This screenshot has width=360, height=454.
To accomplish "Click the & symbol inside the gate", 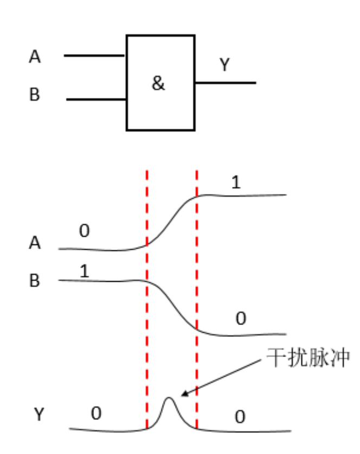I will point(158,84).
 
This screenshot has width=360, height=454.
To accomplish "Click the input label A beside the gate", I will point(35,57).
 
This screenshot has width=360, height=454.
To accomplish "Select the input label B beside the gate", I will point(35,95).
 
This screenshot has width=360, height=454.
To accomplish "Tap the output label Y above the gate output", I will point(224,66).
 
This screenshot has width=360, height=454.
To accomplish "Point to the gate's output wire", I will point(225,83).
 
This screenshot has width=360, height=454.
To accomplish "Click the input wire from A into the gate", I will point(95,55).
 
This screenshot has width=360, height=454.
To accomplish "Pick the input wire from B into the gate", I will point(97,99).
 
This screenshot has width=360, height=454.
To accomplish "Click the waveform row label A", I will point(35,243).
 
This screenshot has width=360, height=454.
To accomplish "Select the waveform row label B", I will point(35,282).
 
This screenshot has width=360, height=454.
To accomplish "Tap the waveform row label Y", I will point(38,415).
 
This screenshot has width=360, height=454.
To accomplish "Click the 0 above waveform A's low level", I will point(84,231).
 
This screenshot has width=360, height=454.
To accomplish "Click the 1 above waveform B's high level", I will point(84,271).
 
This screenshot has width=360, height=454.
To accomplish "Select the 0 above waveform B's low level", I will point(240,319).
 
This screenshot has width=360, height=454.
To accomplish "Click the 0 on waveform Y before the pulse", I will point(96,414).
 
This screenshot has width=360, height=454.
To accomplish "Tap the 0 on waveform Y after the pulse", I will point(240,417).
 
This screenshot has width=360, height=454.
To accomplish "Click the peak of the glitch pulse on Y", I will point(170,399).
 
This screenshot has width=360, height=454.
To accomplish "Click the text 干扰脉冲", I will point(307,358).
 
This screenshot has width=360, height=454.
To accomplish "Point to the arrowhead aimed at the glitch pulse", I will point(183,394).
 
